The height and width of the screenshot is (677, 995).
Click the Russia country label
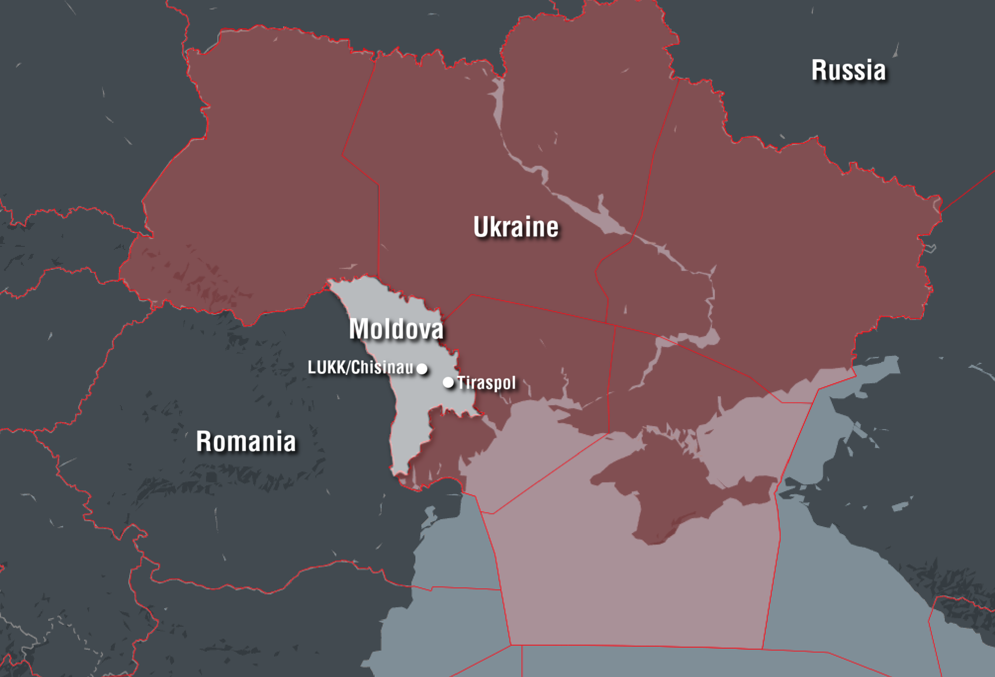coord(849,70)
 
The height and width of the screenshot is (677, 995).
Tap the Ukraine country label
coord(516,227)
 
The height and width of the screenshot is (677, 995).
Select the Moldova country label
coord(396,329)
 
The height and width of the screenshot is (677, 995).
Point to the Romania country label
coord(246,442)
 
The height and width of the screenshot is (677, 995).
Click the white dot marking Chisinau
coord(422,369)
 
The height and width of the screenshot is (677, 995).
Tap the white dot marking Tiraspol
coord(448,382)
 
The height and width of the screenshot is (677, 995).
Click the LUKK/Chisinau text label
coord(360,367)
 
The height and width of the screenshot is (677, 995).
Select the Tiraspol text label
coord(487,383)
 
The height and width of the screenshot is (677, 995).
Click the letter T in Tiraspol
coord(461,382)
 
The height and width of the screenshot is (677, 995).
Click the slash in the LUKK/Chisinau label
coord(348,367)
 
